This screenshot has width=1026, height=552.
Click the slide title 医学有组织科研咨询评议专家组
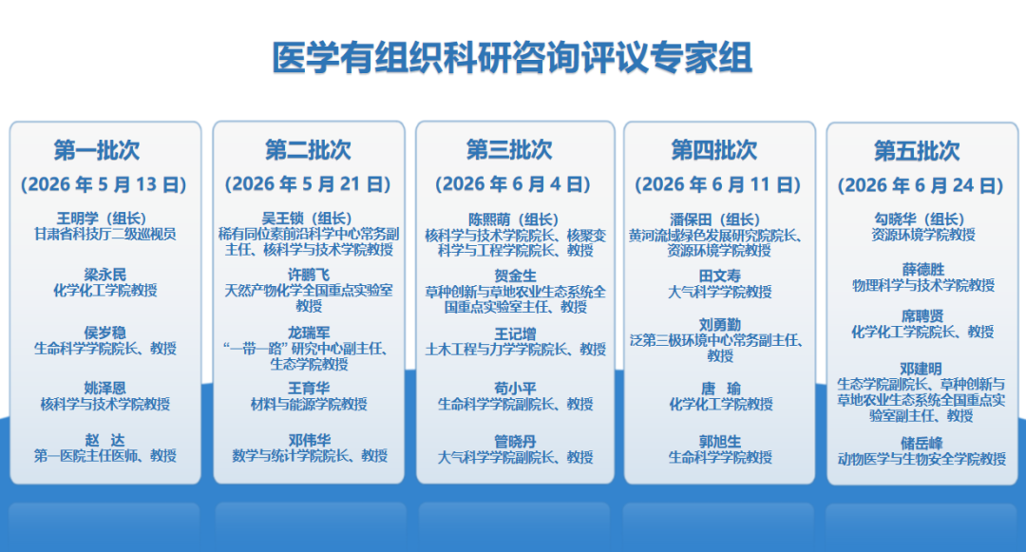pyautogui.click(x=512, y=58)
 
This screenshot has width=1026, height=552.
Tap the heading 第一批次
pyautogui.click(x=97, y=150)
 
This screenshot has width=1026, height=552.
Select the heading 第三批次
pyautogui.click(x=509, y=150)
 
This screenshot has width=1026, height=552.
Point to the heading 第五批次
pyautogui.click(x=917, y=151)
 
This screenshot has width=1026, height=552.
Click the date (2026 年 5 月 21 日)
pyautogui.click(x=308, y=184)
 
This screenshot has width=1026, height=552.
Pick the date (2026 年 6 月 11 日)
pyautogui.click(x=718, y=185)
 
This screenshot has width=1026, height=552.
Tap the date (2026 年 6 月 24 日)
pyautogui.click(x=921, y=186)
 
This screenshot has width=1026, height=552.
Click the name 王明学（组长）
pyautogui.click(x=102, y=219)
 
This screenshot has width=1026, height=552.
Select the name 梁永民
pyautogui.click(x=104, y=275)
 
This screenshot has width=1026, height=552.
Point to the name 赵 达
pyautogui.click(x=104, y=440)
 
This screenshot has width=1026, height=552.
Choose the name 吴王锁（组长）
pyautogui.click(x=307, y=219)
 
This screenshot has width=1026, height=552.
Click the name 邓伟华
pyautogui.click(x=310, y=440)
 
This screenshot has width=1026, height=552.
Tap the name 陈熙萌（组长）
pyautogui.click(x=514, y=219)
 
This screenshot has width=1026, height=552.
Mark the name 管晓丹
pyautogui.click(x=515, y=442)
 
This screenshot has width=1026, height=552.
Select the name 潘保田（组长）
pyautogui.click(x=715, y=219)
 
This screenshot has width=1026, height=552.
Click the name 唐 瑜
pyautogui.click(x=720, y=389)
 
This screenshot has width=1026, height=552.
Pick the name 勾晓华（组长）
pyautogui.click(x=920, y=219)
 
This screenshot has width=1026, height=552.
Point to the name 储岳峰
pyautogui.click(x=921, y=444)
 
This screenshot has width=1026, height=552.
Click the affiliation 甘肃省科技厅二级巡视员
pyautogui.click(x=105, y=234)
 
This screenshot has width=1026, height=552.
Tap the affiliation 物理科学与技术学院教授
pyautogui.click(x=923, y=285)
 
